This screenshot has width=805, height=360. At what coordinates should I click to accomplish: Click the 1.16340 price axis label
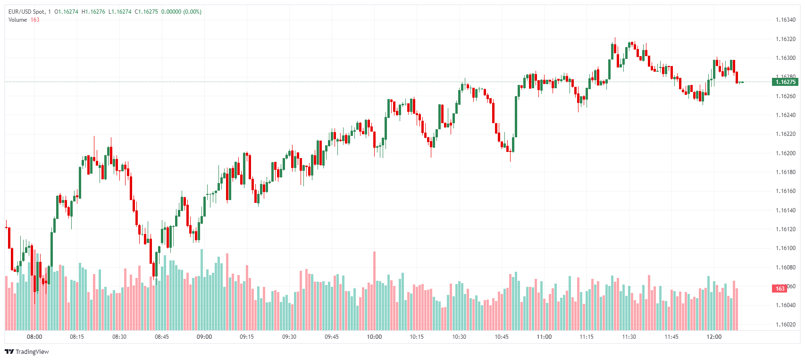[785, 20]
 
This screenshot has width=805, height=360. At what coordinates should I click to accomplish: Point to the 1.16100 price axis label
[785, 248]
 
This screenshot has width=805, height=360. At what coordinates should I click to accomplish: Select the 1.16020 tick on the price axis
[785, 325]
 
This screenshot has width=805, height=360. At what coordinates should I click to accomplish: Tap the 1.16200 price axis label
[785, 153]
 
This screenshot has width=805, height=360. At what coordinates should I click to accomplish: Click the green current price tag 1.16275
[785, 82]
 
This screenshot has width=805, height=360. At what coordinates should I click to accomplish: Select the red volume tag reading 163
[780, 289]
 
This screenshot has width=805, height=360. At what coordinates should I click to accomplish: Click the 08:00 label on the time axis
[34, 337]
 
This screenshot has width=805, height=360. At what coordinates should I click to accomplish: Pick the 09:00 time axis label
[204, 337]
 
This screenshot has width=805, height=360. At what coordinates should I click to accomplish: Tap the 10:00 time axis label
[374, 337]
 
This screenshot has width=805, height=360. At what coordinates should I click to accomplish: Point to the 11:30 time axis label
[629, 337]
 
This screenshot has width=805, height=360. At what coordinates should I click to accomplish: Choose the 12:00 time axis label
[714, 337]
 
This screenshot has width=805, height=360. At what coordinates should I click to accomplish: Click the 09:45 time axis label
[332, 337]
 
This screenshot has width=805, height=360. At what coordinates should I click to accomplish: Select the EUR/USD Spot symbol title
[27, 12]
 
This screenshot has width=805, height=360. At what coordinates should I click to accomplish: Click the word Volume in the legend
[17, 20]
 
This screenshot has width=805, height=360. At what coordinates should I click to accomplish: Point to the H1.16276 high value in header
[93, 12]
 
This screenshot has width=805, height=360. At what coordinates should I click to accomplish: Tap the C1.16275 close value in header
[146, 12]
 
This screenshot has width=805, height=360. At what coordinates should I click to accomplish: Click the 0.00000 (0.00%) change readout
[181, 12]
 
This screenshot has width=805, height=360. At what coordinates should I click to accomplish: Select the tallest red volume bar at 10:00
[375, 290]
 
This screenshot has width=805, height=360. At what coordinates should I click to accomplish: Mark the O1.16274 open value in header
[67, 12]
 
